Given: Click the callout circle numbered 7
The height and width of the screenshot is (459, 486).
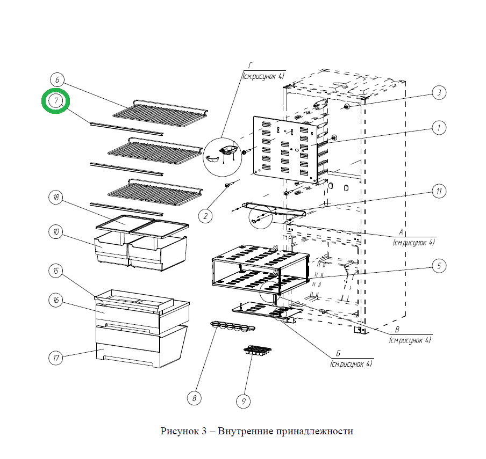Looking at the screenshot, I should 56,101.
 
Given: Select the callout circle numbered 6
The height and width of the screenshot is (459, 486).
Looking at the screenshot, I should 58,79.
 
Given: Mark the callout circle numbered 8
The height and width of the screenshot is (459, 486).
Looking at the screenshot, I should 194,398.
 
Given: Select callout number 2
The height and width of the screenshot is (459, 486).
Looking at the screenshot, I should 205,216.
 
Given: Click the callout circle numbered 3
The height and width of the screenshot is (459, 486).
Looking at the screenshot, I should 439,93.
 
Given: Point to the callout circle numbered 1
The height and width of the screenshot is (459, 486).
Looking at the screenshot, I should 439,128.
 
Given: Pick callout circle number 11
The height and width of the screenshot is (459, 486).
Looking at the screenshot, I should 439,191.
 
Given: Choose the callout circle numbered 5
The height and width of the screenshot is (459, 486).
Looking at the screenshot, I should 439,265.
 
